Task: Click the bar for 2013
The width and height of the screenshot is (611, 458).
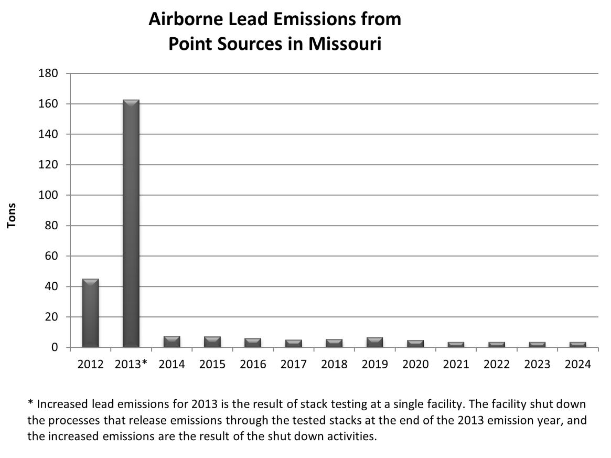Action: coord(131,223)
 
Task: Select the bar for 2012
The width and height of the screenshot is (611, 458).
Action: coord(90,313)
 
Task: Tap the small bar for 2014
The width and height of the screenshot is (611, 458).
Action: coord(171,342)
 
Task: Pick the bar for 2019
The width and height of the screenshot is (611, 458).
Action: coord(374,342)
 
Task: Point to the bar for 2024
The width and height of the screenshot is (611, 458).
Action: coord(577,345)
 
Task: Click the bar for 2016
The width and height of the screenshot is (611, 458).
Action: coord(253,343)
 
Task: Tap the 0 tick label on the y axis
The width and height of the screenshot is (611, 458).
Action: coord(54,347)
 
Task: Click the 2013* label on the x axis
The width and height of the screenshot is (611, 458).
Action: coord(131,365)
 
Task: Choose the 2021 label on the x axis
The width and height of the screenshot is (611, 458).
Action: coord(456,365)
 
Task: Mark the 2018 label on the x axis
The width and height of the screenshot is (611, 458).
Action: coord(334,365)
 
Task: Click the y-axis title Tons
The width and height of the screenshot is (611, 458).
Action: coord(12,215)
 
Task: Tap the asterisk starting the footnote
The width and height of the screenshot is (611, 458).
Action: coord(30,404)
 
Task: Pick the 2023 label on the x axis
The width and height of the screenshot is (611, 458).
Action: coord(537,365)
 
